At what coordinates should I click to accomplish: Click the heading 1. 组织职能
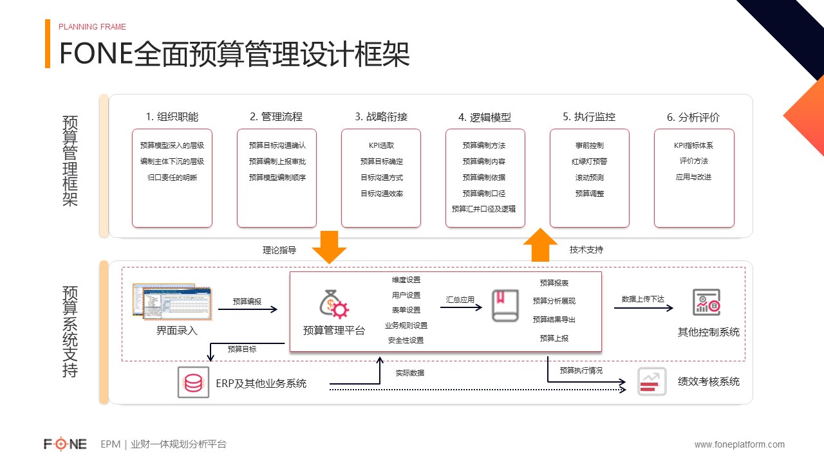(172, 117)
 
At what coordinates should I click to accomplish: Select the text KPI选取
(381, 145)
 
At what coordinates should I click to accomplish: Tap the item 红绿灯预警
(589, 161)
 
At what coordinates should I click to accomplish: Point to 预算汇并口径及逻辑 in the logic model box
(483, 209)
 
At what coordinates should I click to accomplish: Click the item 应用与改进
(693, 177)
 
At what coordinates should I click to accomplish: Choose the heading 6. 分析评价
(693, 117)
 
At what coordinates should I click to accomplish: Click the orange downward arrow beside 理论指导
(329, 247)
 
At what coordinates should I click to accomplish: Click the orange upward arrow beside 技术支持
(540, 245)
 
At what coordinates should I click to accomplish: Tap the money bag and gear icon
(334, 304)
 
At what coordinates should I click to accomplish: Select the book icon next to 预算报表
(505, 305)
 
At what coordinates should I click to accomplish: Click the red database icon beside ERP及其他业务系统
(194, 383)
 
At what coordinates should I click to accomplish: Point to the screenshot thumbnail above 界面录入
(172, 302)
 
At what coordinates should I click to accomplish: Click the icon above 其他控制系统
(706, 302)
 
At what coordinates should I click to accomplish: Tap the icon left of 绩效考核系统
(652, 382)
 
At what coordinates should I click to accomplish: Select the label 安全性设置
(406, 341)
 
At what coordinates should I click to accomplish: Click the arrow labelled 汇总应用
(461, 307)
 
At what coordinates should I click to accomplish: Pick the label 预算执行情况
(581, 370)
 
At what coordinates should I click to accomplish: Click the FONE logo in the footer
(65, 444)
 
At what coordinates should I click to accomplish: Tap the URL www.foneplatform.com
(740, 444)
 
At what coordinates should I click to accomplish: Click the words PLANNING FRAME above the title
(92, 27)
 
